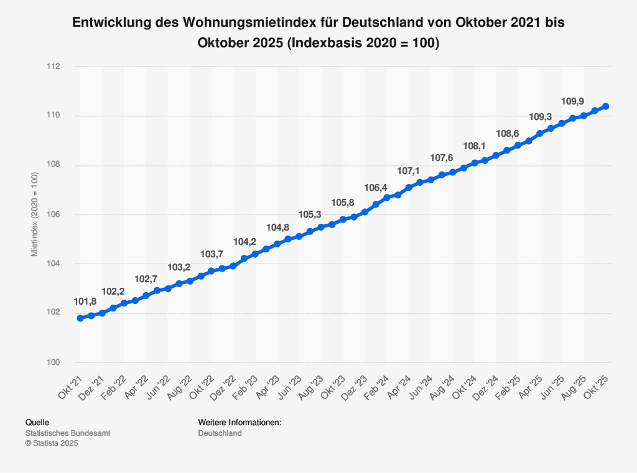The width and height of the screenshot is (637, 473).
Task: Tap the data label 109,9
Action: tap(573, 101)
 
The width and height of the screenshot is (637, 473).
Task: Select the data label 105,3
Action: tap(310, 214)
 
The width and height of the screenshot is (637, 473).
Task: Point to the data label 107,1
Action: tap(409, 171)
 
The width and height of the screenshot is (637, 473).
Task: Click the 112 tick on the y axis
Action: tap(60, 67)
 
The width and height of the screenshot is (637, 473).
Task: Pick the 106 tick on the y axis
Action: tap(60, 214)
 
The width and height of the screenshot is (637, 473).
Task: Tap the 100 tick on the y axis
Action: tap(60, 362)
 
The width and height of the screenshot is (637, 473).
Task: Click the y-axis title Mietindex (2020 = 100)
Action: tap(35, 214)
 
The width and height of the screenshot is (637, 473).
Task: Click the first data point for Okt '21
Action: tap(80, 318)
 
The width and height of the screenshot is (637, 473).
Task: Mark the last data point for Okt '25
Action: tap(606, 106)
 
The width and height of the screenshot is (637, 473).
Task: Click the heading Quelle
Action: tap(37, 423)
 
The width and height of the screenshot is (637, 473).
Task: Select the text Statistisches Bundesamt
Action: tap(67, 433)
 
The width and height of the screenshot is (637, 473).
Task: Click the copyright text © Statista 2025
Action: tap(52, 443)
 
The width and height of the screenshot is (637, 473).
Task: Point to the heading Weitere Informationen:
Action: tap(239, 423)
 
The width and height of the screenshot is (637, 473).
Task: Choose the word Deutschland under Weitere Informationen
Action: tap(220, 433)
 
